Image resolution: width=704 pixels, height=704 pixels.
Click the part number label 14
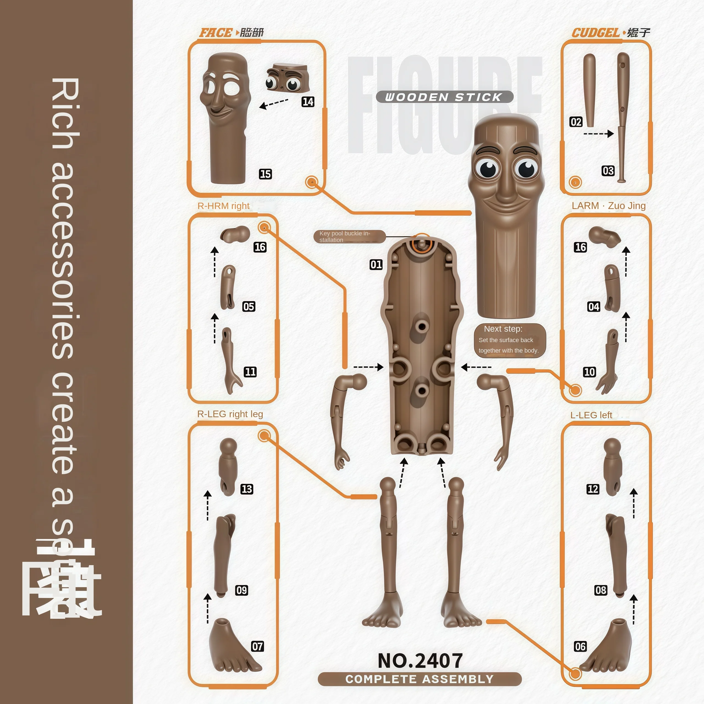(x=308, y=102)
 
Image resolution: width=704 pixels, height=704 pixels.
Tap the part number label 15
(x=265, y=174)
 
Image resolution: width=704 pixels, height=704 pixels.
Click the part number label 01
(x=376, y=265)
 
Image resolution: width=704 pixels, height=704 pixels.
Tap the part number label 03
(x=608, y=171)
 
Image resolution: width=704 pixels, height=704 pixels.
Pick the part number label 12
(x=593, y=489)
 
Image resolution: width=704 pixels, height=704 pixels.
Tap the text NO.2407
(x=420, y=661)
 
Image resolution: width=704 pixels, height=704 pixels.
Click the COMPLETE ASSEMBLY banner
(x=420, y=679)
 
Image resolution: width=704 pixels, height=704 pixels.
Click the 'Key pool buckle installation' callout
(x=349, y=237)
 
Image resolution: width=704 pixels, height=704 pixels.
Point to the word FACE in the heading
(x=215, y=33)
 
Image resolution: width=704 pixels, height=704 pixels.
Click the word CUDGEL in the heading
(x=595, y=33)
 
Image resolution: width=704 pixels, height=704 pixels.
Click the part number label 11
(x=250, y=372)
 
